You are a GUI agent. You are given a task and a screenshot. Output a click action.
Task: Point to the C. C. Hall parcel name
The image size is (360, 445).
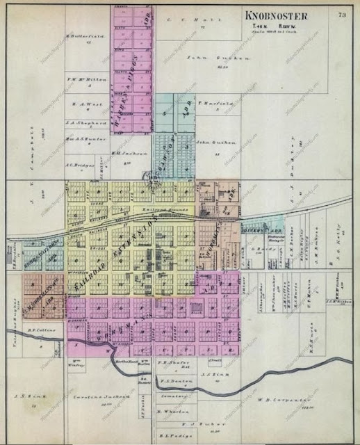(x=184, y=20)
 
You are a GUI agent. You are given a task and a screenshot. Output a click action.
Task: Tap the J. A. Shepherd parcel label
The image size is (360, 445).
(x=87, y=122)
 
